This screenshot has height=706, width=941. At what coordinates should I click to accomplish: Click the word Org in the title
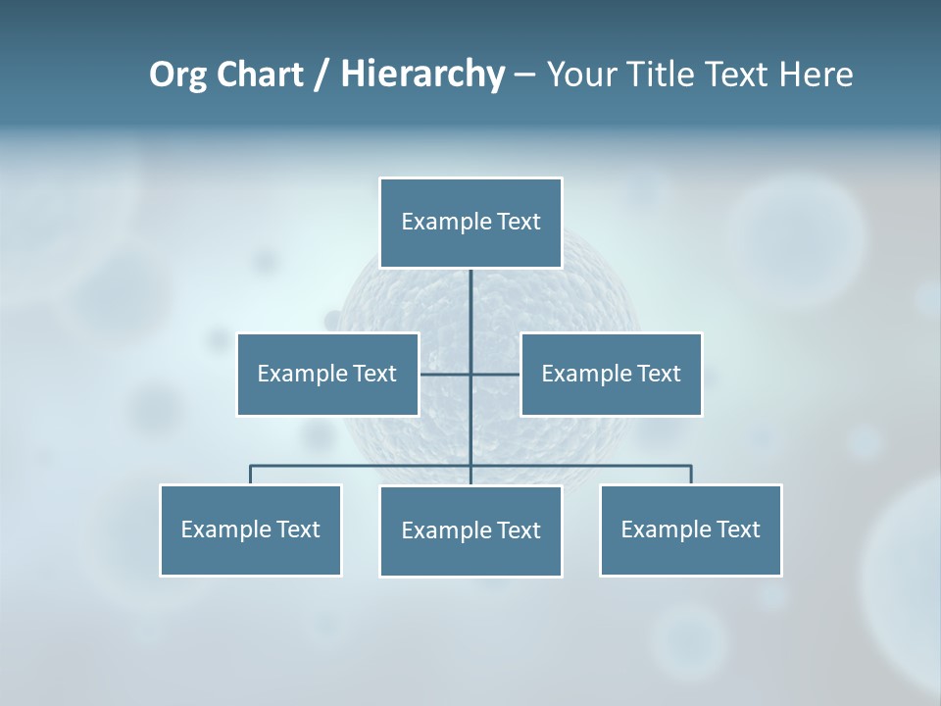tap(176, 76)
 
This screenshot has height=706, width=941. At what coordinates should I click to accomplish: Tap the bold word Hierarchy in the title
tap(422, 76)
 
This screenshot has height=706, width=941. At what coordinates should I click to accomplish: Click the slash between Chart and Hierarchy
tap(322, 76)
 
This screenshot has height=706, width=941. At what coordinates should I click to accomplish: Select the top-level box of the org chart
tap(470, 223)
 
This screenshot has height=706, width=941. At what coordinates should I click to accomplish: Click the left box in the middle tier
tap(327, 374)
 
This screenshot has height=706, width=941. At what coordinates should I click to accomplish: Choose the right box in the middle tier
tap(611, 374)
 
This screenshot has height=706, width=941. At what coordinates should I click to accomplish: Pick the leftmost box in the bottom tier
tap(250, 529)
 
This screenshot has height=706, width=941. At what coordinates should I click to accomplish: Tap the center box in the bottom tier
tap(470, 530)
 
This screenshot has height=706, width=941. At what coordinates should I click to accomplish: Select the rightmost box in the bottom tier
tap(690, 529)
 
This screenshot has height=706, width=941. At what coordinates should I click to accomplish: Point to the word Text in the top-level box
tap(519, 222)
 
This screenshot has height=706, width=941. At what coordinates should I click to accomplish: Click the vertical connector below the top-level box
tap(470, 314)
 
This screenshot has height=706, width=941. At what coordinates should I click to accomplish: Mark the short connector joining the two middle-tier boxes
tap(446, 374)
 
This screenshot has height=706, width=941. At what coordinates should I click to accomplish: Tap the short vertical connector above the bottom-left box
tap(250, 475)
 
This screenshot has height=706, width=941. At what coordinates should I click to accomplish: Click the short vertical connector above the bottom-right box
tap(691, 475)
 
